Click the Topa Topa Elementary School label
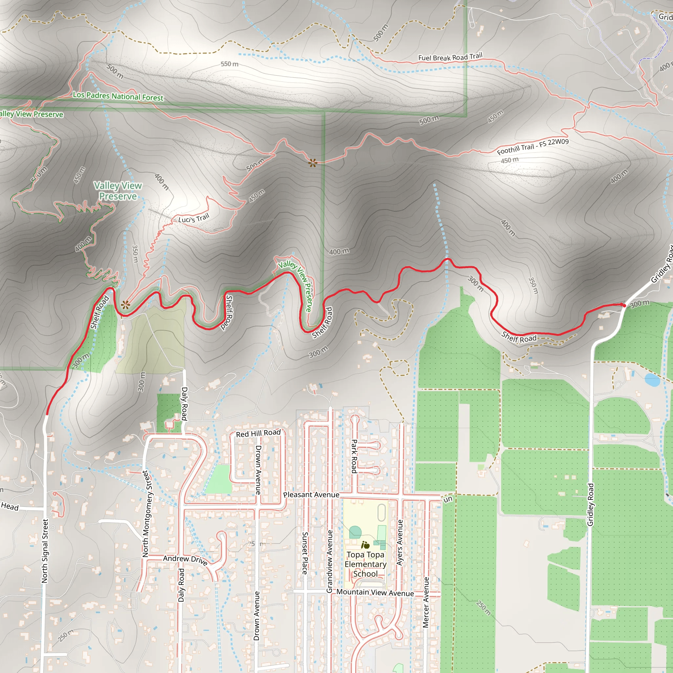(365, 564)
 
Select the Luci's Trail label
(194, 219)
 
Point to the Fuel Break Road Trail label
(450, 57)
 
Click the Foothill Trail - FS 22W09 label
(533, 146)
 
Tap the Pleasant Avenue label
(311, 495)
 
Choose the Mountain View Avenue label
(375, 592)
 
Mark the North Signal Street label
(45, 551)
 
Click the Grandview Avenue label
(330, 561)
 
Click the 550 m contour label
(230, 64)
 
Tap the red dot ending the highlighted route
(624, 306)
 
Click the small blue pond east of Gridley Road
(652, 380)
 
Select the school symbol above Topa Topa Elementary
(365, 545)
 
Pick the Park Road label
(354, 456)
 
